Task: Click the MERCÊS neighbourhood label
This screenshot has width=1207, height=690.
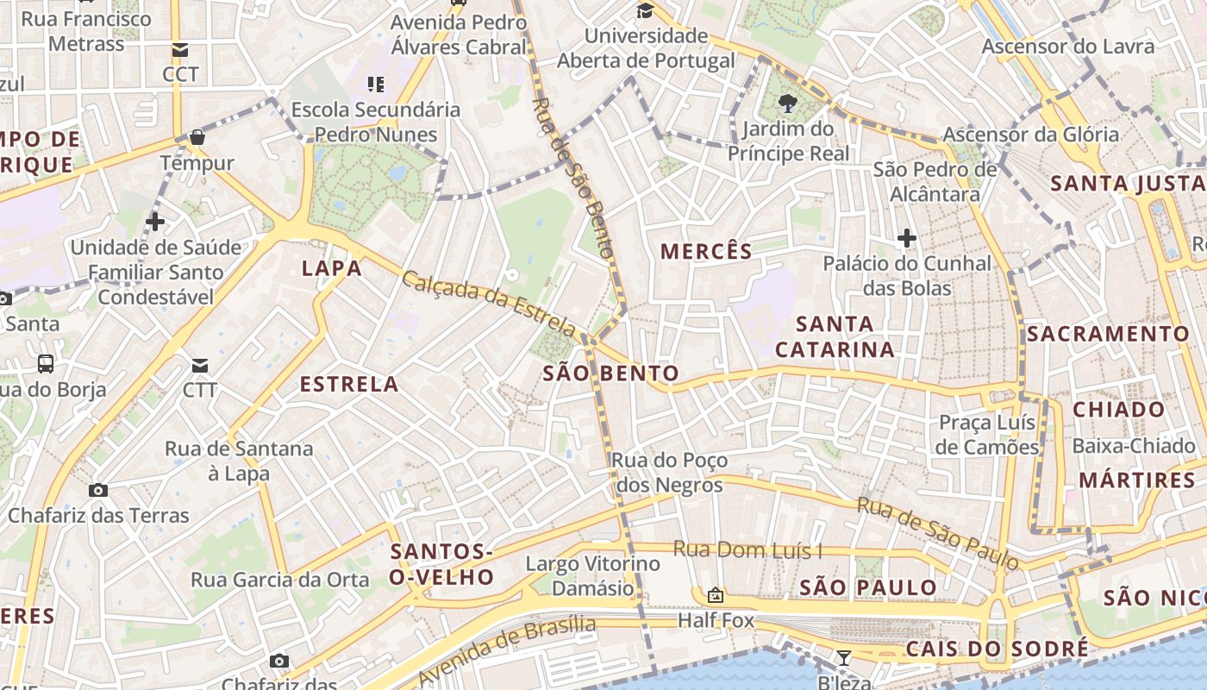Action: coord(706,251)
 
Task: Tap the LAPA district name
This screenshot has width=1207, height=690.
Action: coord(332,268)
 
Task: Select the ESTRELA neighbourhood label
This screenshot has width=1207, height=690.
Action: coord(349,384)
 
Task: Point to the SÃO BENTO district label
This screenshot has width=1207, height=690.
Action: coord(610,373)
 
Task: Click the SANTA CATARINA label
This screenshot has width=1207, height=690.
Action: coord(835,336)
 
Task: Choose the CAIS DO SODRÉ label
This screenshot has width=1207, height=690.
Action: coord(997,649)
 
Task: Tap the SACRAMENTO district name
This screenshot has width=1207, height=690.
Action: coord(1108,334)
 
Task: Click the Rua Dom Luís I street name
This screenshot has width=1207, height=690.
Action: coord(747,549)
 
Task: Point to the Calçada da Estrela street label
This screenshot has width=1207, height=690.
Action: coord(489,304)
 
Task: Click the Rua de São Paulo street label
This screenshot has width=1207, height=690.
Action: coord(938,533)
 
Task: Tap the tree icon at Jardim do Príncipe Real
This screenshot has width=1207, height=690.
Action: coord(787,104)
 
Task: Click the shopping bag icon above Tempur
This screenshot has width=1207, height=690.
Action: coord(197,137)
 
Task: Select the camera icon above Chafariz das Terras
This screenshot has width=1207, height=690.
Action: coord(98,490)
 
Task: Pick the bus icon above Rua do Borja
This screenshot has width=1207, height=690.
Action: coord(46,364)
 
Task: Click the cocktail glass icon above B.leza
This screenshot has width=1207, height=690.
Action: coord(844,658)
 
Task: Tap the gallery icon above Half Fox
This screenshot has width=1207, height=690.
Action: coord(715,595)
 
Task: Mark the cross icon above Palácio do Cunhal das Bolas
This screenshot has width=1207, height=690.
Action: coord(906,238)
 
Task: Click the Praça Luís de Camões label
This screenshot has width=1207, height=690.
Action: coord(987,435)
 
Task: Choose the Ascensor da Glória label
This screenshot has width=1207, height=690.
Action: coord(1030,135)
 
